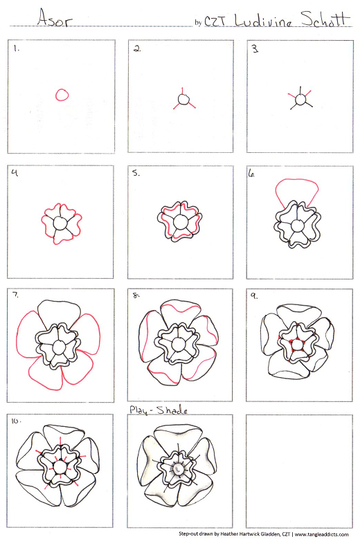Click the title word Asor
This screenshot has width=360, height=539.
[x=55, y=18]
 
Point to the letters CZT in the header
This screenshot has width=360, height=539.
[x=215, y=21]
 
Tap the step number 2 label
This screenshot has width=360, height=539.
[x=137, y=49]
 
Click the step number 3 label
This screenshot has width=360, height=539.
[x=255, y=49]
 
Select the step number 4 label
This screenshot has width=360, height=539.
[x=15, y=172]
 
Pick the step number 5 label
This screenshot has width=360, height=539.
[x=136, y=173]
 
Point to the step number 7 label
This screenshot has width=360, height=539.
[x=15, y=295]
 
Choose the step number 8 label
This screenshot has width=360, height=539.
[x=136, y=295]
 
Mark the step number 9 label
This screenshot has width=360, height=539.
[x=254, y=295]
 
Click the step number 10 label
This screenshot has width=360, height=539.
[x=16, y=421]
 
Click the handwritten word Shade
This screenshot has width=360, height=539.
[x=172, y=410]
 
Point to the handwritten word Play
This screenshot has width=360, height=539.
[x=138, y=410]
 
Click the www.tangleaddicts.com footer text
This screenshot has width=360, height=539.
[x=321, y=534]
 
